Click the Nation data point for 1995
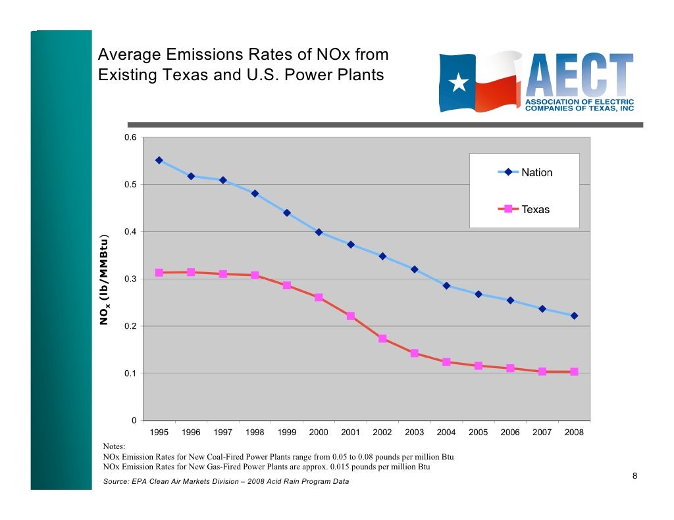coord(159,160)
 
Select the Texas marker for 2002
coord(382,339)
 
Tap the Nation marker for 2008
coord(574,316)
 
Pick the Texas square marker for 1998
coord(255,275)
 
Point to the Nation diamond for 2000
coord(319,232)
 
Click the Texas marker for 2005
coord(478,366)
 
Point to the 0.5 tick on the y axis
coord(130,185)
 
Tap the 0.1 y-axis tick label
coord(130,373)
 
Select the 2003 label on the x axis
coord(414,433)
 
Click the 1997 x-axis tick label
coord(222,433)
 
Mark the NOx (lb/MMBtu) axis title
coord(105,279)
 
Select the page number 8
coord(635,476)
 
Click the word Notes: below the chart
coord(115,446)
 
